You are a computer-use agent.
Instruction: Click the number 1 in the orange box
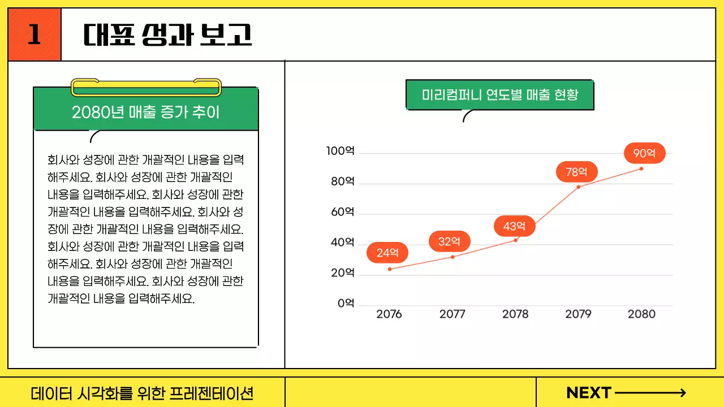point(35,34)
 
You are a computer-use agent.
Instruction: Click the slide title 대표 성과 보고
point(167,35)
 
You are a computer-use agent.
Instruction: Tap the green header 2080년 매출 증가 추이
point(146,112)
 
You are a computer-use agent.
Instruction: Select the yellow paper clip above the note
point(146,87)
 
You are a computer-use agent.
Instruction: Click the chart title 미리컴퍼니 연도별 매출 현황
point(500,94)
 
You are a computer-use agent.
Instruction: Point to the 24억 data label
point(387,253)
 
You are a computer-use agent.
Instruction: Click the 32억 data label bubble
point(450,241)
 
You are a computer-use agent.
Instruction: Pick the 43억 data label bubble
point(514,226)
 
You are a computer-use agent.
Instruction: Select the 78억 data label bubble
point(576,172)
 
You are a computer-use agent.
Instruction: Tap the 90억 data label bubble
point(644,153)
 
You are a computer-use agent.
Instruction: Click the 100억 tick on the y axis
point(340,151)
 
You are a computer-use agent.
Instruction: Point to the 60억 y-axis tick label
point(342,212)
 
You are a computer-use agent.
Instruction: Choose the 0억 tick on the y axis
point(346,304)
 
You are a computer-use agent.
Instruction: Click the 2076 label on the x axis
point(389,314)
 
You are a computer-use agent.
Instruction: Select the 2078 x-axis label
point(515,314)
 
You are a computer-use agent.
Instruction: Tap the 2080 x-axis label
point(641,314)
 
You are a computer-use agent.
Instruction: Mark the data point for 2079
point(578,187)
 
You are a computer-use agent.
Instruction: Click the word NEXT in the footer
point(589,393)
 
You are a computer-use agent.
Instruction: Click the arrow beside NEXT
point(650,393)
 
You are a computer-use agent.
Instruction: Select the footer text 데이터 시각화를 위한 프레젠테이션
point(142,393)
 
